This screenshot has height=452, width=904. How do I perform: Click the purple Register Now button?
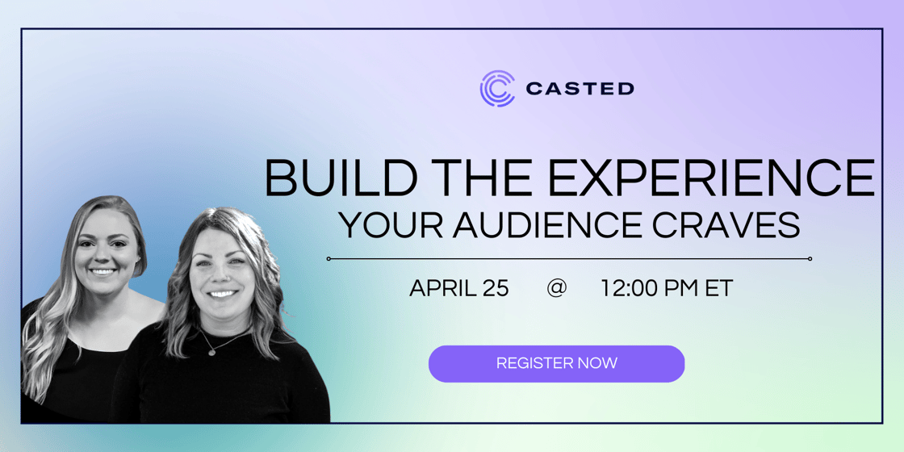(556, 364)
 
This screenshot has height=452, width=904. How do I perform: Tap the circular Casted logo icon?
(497, 88)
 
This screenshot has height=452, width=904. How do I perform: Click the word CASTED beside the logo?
(580, 89)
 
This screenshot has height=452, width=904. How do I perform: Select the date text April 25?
(459, 288)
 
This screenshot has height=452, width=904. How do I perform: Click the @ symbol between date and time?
(556, 288)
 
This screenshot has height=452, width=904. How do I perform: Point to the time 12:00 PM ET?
(667, 288)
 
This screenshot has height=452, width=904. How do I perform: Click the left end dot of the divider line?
(329, 259)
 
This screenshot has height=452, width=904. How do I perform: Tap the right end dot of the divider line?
(810, 259)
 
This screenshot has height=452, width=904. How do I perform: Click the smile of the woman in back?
(104, 271)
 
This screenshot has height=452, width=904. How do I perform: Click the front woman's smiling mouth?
(223, 295)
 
